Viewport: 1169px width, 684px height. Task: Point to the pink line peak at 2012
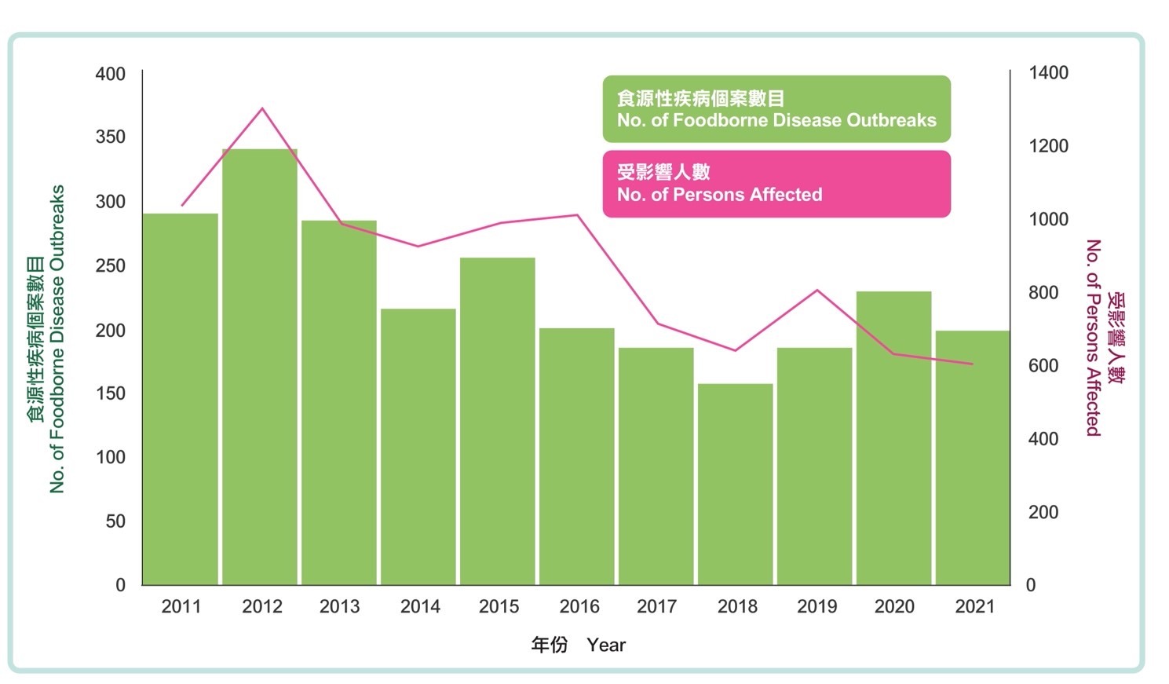pos(262,108)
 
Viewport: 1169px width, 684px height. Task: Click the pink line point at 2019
pos(817,291)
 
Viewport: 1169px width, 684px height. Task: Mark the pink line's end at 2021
pos(973,364)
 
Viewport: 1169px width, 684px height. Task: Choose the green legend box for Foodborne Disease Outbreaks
pos(776,109)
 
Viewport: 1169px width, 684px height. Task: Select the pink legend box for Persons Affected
pos(776,184)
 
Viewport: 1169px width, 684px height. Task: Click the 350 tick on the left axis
pos(111,137)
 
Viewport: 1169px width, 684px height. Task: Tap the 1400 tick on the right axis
pos(1048,73)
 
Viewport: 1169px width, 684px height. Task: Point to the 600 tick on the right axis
pos(1043,366)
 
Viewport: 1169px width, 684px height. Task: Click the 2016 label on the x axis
pos(579,606)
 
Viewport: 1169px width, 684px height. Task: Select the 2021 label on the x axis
pos(974,606)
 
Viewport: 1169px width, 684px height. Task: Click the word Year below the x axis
pos(606,645)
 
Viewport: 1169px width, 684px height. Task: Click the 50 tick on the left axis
pos(115,521)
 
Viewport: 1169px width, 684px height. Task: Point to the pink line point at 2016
pos(578,214)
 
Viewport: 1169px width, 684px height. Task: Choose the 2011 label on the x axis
pos(181,606)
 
